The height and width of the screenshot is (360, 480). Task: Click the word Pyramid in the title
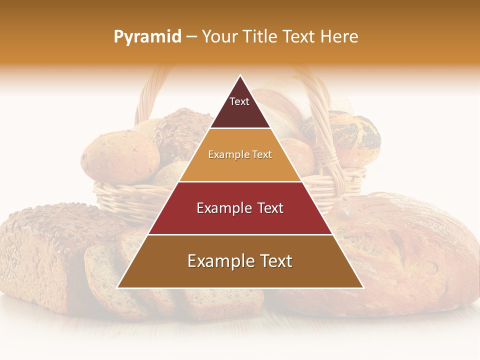click(x=147, y=37)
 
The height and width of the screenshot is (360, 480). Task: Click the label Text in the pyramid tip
click(x=239, y=101)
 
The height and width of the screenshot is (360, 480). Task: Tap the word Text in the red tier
click(x=267, y=208)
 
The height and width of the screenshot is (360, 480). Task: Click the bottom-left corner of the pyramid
click(x=118, y=287)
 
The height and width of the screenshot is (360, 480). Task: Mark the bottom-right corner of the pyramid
click(x=362, y=287)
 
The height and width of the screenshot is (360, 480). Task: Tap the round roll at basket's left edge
click(x=112, y=157)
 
